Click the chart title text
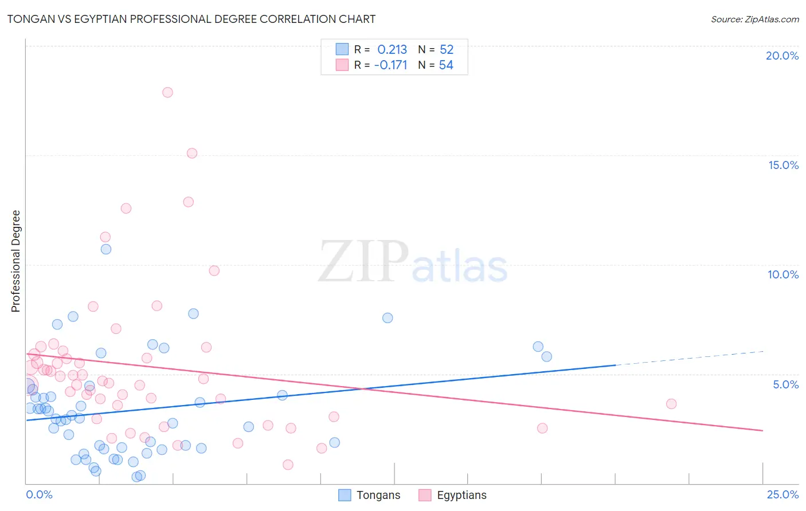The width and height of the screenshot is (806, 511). tap(191, 19)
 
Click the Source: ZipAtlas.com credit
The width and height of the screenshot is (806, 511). tap(754, 19)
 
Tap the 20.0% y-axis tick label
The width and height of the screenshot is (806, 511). tap(782, 56)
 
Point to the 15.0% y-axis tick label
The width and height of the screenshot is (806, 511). tap(783, 165)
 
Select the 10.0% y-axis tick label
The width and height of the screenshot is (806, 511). tap(783, 274)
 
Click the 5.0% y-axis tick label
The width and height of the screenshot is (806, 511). tap(785, 384)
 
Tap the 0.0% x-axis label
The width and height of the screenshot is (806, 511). tap(39, 494)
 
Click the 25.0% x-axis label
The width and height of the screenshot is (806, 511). tap(782, 494)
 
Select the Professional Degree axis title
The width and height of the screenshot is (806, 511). tap(15, 261)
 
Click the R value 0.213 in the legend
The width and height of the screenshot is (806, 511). tap(392, 50)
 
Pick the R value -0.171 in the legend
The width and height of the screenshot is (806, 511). tap(390, 65)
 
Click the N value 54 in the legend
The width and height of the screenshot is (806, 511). tap(446, 65)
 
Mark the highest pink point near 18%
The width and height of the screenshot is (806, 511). tap(167, 92)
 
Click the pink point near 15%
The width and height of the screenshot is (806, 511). tap(192, 153)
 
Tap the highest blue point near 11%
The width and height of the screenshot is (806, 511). tap(106, 249)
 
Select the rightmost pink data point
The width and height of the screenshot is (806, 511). tap(671, 404)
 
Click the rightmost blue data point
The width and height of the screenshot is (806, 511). tap(546, 356)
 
